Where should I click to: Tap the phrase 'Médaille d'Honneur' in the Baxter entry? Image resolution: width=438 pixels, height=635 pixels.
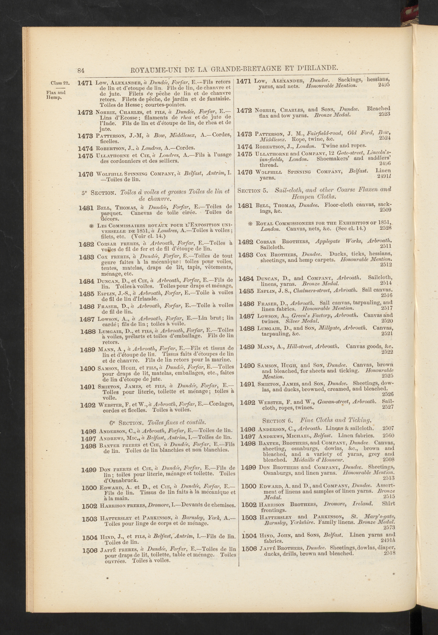(318, 460)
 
